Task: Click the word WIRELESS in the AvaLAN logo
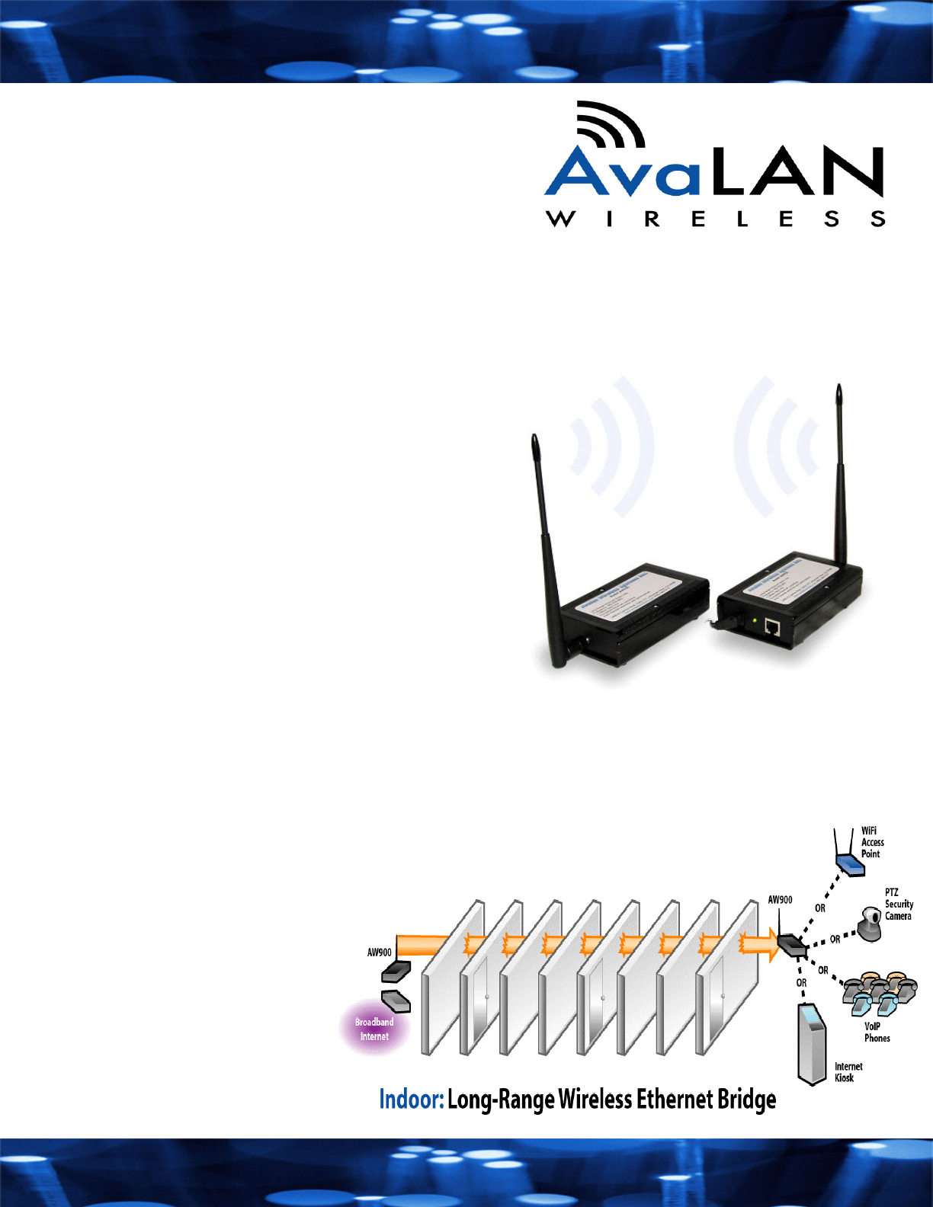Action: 715,219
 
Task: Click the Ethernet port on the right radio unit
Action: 772,628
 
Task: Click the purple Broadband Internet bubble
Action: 374,1029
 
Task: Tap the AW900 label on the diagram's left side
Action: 380,952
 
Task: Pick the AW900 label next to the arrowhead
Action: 780,900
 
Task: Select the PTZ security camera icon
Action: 868,924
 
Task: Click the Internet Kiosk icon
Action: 811,1044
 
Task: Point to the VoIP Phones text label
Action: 877,1033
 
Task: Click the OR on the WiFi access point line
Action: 820,908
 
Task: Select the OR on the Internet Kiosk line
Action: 801,983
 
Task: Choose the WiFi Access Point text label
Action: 873,842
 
